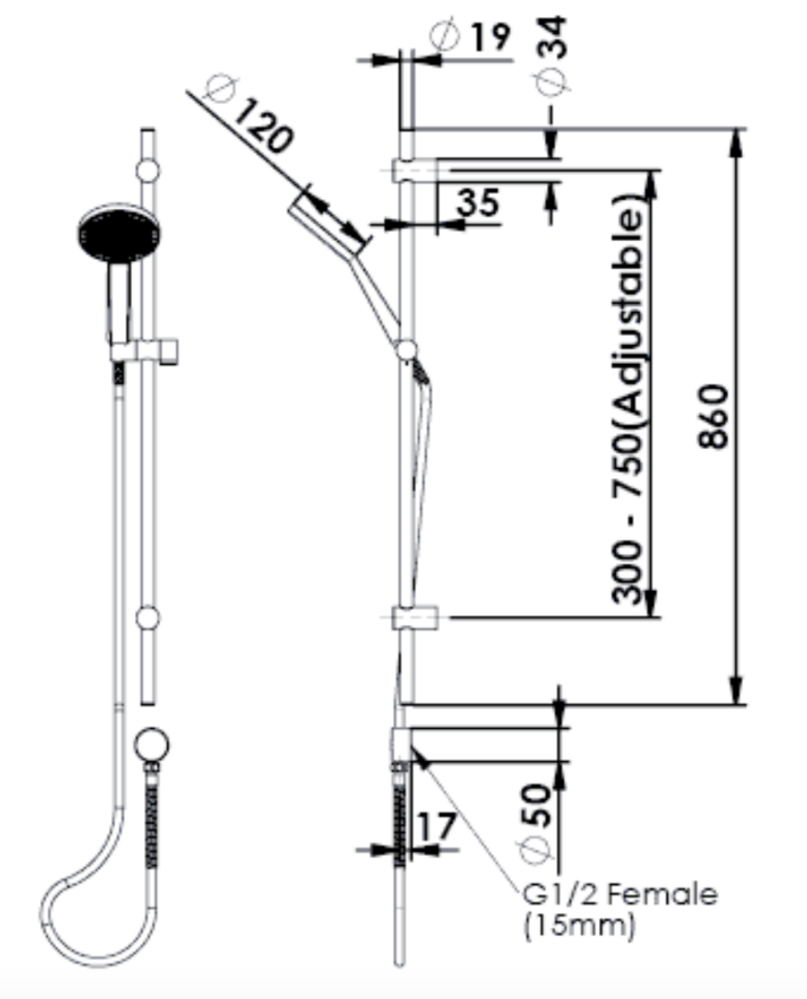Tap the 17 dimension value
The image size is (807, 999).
[437, 826]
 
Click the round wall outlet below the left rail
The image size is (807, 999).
[152, 743]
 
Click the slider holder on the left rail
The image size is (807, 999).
[147, 350]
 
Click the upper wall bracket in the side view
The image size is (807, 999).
[415, 169]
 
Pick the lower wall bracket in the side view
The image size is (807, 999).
[415, 617]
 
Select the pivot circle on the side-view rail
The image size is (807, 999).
[407, 349]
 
